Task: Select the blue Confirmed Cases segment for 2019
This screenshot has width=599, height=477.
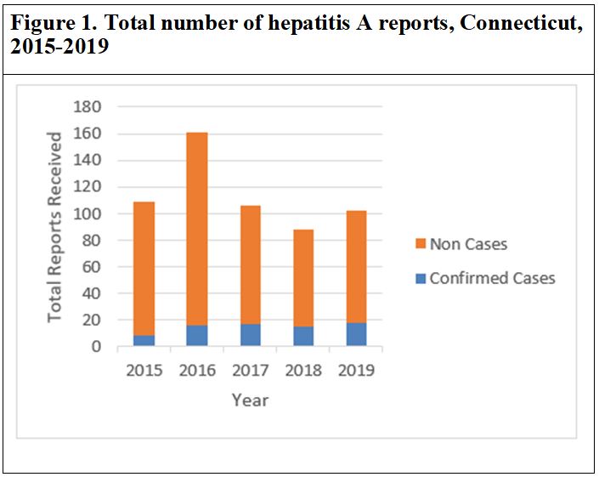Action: [356, 334]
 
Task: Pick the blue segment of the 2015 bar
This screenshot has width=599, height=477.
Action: [144, 340]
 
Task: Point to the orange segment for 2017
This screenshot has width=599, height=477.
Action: [250, 264]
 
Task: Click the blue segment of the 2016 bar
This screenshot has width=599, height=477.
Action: [197, 336]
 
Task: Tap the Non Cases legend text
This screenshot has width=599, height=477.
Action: [468, 245]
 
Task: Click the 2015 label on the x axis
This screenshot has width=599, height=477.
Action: [144, 371]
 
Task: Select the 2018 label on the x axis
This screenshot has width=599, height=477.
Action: [303, 371]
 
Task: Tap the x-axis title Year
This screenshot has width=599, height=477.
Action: [250, 399]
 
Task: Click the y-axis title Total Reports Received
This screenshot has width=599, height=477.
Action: [54, 226]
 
